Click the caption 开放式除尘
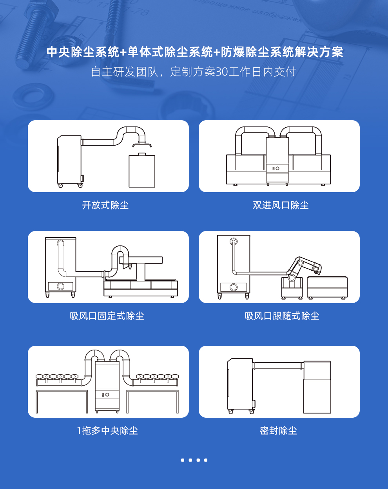105,205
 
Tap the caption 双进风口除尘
281,205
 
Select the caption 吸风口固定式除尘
107,316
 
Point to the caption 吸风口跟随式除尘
282,316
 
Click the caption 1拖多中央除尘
107,431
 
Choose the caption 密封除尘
278,431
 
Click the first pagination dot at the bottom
183,460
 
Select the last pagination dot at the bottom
206,460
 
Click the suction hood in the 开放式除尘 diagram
142,145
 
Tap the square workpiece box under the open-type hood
142,171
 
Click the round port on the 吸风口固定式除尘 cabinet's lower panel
61,286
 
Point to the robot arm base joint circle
292,278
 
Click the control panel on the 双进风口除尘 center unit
276,168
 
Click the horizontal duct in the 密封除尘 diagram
277,366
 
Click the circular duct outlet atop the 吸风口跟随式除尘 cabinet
234,241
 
